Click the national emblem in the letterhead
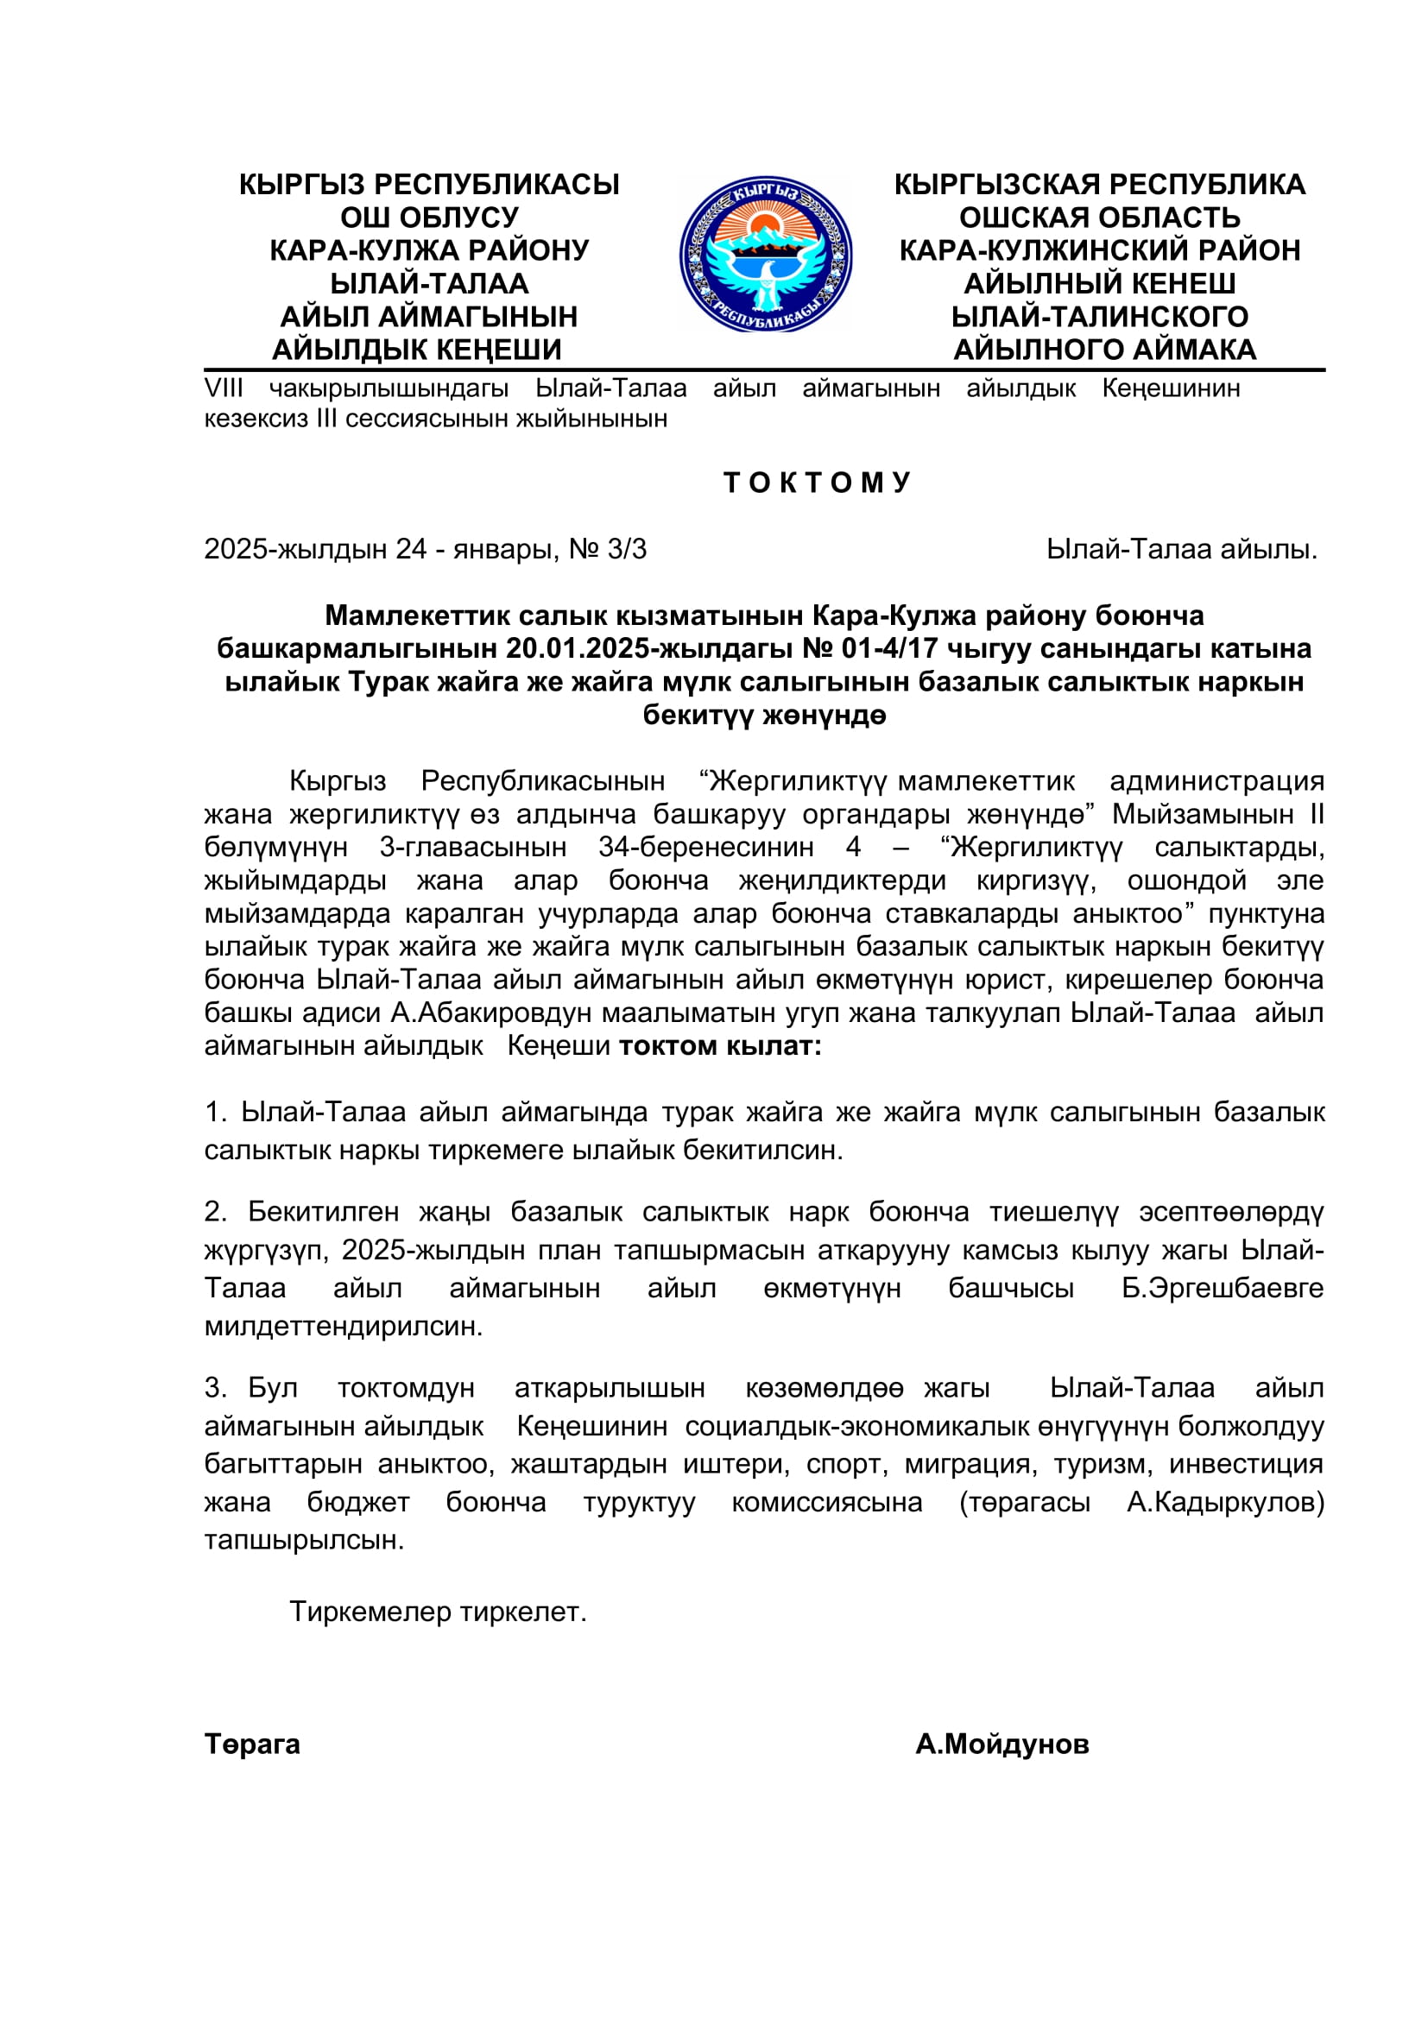pos(765,254)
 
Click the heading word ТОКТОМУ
pos(817,483)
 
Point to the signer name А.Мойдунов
pos(1001,1745)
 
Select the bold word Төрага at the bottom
pos(252,1745)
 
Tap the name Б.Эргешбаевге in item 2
pos(1223,1288)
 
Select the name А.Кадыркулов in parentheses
pos(1223,1503)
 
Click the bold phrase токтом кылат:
pos(720,1046)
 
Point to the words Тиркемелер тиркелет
pos(438,1612)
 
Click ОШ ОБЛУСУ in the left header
pos(429,218)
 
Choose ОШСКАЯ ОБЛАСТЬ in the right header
pos(1099,218)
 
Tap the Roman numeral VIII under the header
pos(224,388)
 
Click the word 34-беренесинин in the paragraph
pos(706,848)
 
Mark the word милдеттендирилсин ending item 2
pos(343,1326)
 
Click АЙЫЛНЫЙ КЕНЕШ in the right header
pos(1099,284)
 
